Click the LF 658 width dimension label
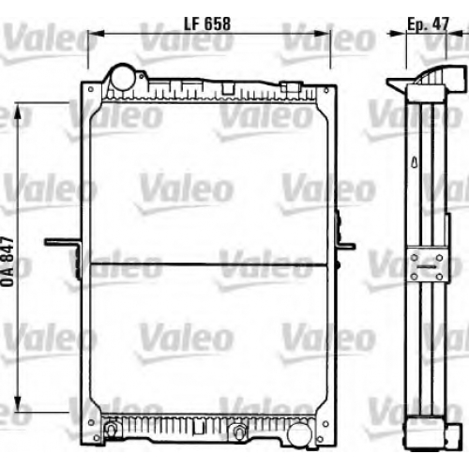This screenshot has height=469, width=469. [207, 23]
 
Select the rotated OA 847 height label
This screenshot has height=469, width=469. [8, 262]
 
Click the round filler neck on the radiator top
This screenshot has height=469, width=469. [121, 77]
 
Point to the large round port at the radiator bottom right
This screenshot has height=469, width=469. [299, 434]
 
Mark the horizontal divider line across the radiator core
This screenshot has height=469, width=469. [209, 265]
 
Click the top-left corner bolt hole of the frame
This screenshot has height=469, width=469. [91, 89]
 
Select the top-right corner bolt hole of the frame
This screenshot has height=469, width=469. [326, 90]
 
